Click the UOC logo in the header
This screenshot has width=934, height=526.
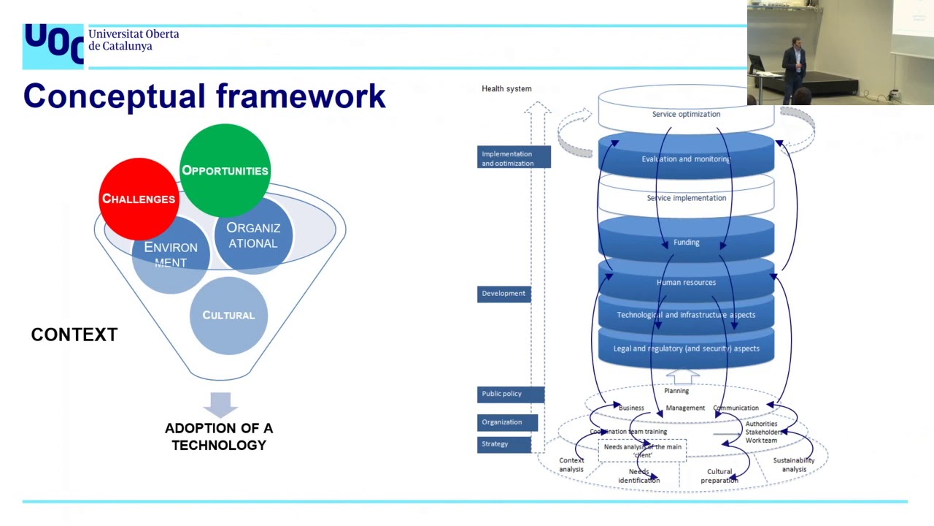point(53,45)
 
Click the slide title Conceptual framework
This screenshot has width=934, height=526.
point(204,96)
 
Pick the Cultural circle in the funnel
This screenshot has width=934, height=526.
point(228,316)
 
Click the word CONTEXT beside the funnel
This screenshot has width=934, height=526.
point(74,335)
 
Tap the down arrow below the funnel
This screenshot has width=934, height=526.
point(220,405)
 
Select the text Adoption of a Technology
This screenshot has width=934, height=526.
point(219,437)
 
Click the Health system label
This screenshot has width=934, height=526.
point(506,89)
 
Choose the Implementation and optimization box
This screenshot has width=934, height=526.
point(514,158)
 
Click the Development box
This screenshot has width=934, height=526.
point(503,294)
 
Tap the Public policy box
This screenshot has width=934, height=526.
point(510,394)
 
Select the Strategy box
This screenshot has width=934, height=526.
point(503,444)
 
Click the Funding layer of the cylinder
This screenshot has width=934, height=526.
point(686,243)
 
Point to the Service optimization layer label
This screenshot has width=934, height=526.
point(686,114)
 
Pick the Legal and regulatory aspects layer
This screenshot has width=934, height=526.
point(686,348)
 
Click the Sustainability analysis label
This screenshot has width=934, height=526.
point(794,465)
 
